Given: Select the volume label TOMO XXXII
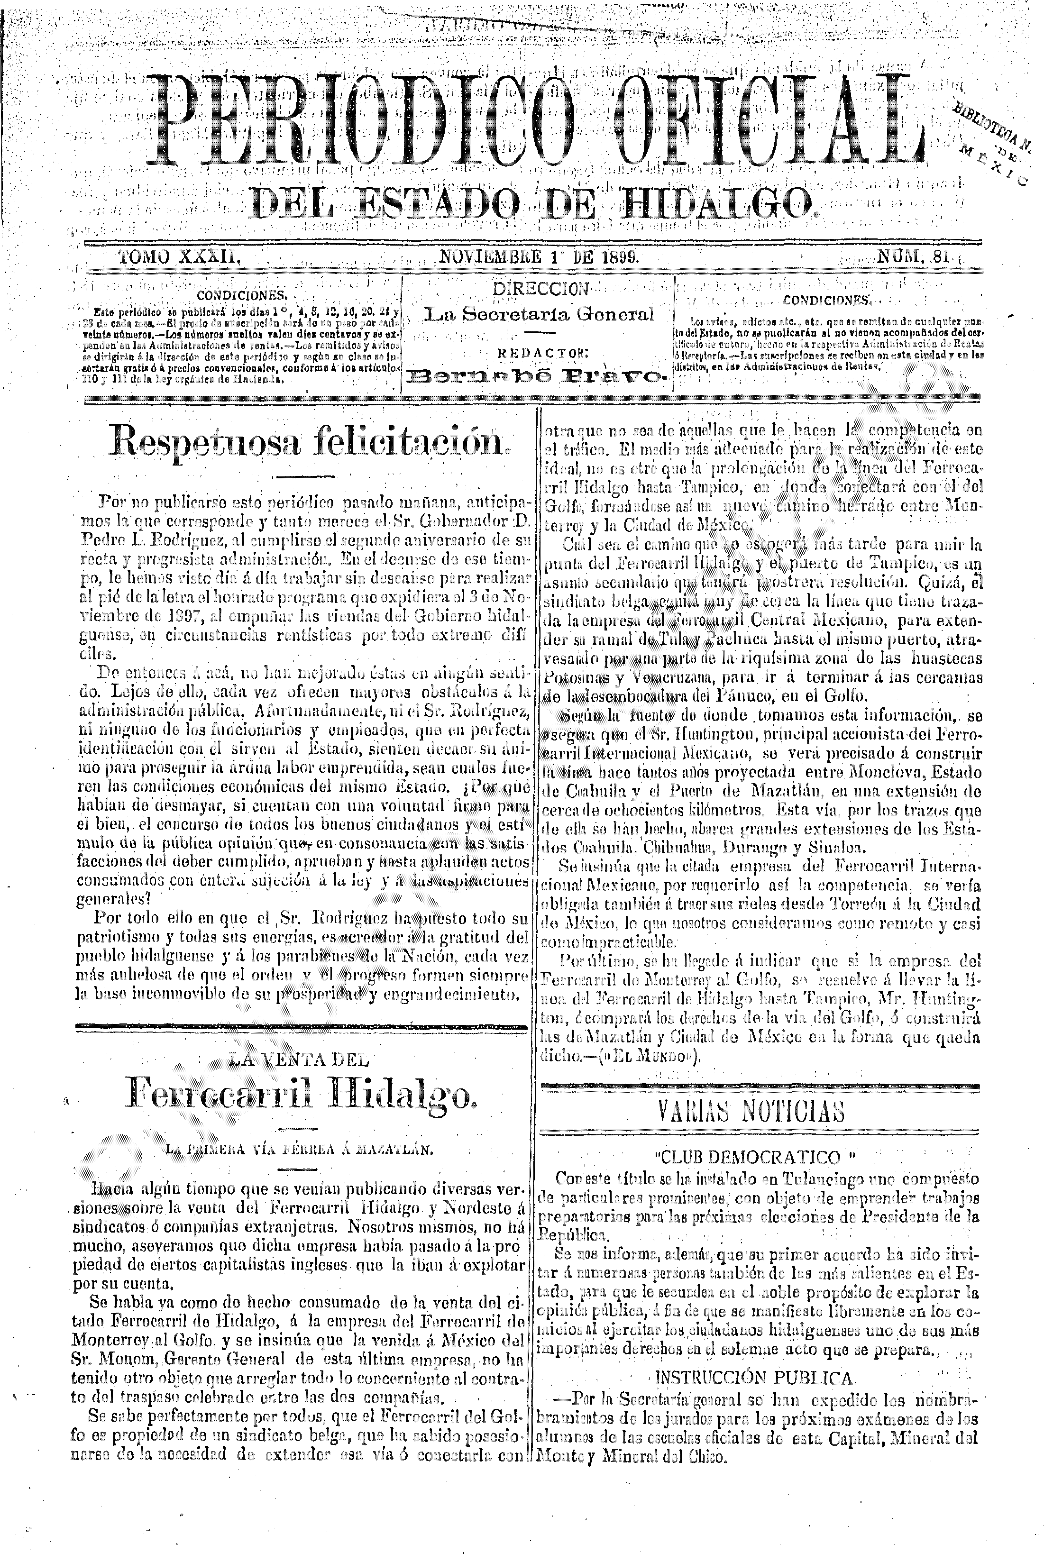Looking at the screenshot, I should [178, 257].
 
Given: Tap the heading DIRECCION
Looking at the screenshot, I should [540, 289].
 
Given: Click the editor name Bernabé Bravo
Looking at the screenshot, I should [540, 378].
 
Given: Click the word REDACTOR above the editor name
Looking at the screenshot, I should [540, 353].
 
